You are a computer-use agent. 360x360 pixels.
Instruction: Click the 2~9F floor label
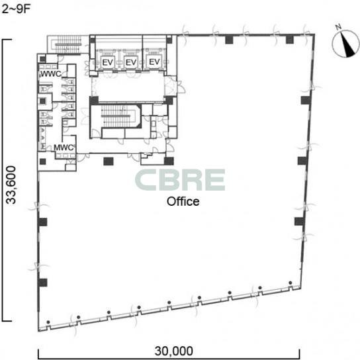click(17, 9)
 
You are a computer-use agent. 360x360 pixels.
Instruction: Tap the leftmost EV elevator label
click(108, 62)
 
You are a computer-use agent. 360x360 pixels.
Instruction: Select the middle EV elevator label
click(131, 62)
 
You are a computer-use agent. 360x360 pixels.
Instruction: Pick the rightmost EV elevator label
click(154, 62)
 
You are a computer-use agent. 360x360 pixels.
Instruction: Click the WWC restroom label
click(51, 73)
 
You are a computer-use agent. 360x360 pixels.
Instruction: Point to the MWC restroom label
click(64, 148)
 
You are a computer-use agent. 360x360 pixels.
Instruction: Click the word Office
click(183, 201)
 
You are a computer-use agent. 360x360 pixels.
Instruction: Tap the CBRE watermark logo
click(180, 180)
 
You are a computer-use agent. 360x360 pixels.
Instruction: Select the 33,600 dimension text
click(11, 185)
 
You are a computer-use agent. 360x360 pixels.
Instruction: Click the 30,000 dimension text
click(174, 351)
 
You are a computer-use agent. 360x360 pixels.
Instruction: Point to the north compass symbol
click(345, 43)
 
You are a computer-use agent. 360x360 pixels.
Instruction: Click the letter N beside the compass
click(338, 27)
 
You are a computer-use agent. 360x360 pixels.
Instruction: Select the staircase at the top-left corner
click(68, 44)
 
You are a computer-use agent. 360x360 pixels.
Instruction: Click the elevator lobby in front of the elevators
click(128, 87)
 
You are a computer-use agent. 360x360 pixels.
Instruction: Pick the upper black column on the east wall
click(306, 100)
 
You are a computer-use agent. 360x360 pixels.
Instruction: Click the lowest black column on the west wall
click(42, 283)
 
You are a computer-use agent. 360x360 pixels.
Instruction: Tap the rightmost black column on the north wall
click(290, 40)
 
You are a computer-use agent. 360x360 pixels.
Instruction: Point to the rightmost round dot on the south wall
click(291, 283)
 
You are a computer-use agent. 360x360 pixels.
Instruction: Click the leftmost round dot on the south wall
click(48, 322)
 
